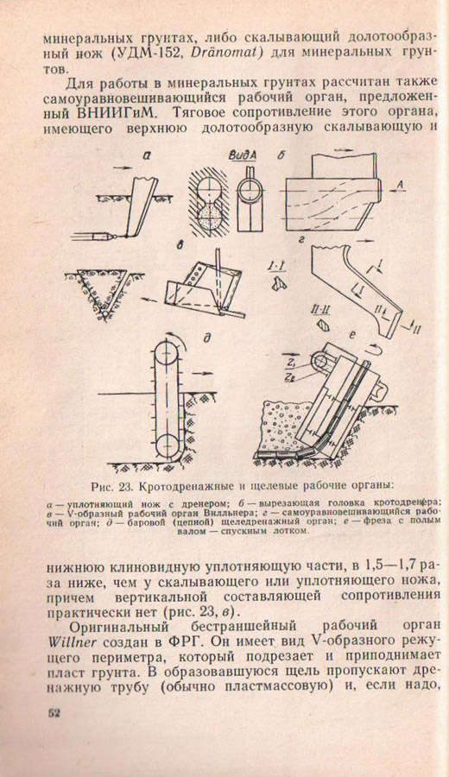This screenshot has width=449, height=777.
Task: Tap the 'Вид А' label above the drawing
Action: coord(243,155)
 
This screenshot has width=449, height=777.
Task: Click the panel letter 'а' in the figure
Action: coord(146,156)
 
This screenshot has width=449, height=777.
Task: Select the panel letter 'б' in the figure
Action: coord(281,155)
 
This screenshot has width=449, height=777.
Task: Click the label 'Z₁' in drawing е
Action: coord(290,365)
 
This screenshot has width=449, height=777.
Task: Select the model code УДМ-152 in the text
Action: coord(160,52)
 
